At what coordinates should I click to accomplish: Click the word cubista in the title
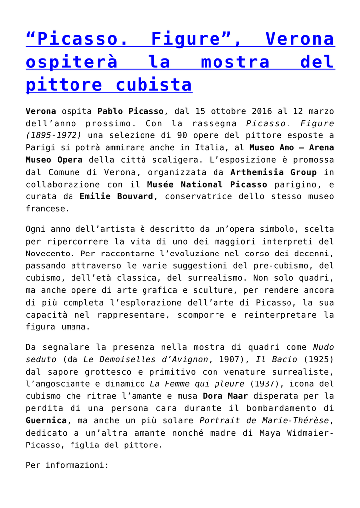click(153, 85)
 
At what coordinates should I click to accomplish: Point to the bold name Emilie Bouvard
click(117, 196)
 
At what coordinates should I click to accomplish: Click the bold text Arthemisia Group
click(274, 172)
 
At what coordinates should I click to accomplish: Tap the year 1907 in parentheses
click(237, 359)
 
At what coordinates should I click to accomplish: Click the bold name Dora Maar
click(224, 396)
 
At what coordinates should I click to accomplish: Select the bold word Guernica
click(46, 420)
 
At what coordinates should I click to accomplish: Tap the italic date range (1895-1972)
click(53, 135)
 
